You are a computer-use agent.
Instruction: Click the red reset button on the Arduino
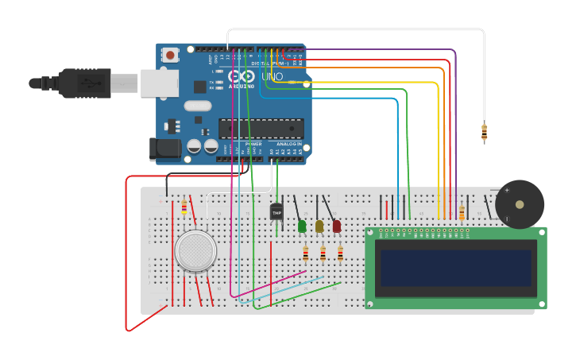[170, 55]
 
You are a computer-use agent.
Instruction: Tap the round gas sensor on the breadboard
[195, 250]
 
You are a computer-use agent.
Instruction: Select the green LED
[302, 226]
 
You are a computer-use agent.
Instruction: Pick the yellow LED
[319, 226]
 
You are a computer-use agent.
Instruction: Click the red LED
[337, 226]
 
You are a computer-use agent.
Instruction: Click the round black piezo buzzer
[519, 204]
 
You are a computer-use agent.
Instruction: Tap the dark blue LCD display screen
[455, 268]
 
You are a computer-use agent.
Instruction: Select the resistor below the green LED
[305, 254]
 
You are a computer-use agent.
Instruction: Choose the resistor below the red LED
[340, 254]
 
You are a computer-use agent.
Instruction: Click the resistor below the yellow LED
[323, 254]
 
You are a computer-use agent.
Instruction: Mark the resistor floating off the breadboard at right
[484, 133]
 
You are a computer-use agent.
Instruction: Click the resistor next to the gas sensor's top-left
[184, 207]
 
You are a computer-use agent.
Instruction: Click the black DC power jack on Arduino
[165, 148]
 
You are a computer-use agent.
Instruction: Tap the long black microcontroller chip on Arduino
[261, 128]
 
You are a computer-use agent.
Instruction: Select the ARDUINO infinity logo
[242, 75]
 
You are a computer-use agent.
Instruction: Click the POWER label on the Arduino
[253, 144]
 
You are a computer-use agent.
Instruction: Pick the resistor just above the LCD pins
[462, 213]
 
